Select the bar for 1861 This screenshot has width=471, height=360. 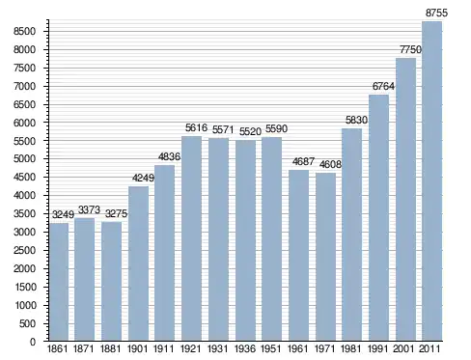pyautogui.click(x=59, y=282)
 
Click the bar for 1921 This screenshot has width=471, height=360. pyautogui.click(x=191, y=238)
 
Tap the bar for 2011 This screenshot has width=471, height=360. pyautogui.click(x=431, y=181)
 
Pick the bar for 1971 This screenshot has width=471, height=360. pyautogui.click(x=325, y=257)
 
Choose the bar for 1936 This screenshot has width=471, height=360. pyautogui.click(x=245, y=240)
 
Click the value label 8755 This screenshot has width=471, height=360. pyautogui.click(x=436, y=13)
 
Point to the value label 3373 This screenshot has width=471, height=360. pyautogui.click(x=89, y=209)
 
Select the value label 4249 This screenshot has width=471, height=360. pyautogui.click(x=143, y=178)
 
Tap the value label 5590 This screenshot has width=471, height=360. pyautogui.click(x=276, y=128)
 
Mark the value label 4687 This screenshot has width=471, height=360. pyautogui.click(x=303, y=161)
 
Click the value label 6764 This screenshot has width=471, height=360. pyautogui.click(x=383, y=86)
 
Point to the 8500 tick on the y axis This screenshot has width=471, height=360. pyautogui.click(x=24, y=31)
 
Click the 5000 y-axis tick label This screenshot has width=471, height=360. pyautogui.click(x=24, y=159)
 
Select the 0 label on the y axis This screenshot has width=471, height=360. pyautogui.click(x=33, y=342)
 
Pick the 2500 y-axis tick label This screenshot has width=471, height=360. pyautogui.click(x=24, y=250)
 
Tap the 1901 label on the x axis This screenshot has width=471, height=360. pyautogui.click(x=137, y=348)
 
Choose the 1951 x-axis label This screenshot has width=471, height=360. pyautogui.click(x=271, y=348)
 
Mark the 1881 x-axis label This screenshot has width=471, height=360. pyautogui.click(x=110, y=348)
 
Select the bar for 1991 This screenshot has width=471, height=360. pyautogui.click(x=378, y=218)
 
